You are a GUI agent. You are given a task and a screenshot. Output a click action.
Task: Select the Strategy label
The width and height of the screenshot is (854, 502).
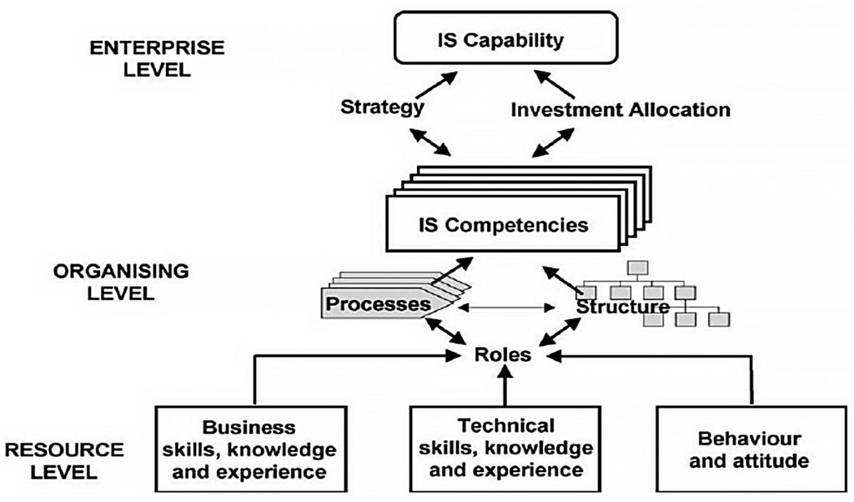click(x=382, y=108)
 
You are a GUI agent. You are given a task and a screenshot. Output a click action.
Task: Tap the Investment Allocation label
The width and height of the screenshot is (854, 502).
click(x=620, y=109)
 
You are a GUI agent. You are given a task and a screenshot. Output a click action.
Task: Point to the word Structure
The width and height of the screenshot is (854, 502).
click(x=622, y=307)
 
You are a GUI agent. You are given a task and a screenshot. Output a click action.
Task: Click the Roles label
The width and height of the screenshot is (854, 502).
click(x=504, y=354)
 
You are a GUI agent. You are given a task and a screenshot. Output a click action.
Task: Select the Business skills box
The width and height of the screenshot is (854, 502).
click(x=250, y=449)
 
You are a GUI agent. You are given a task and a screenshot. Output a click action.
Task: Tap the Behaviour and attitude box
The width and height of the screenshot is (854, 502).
click(x=750, y=449)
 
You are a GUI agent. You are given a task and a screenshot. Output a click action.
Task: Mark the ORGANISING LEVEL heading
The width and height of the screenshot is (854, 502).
click(x=121, y=282)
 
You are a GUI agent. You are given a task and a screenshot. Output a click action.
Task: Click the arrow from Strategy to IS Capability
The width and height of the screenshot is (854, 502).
click(x=436, y=86)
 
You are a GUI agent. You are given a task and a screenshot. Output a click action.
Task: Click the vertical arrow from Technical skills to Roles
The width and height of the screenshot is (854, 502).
click(x=504, y=388)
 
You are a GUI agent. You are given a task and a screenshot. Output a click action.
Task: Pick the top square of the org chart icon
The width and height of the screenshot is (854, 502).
click(x=638, y=268)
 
